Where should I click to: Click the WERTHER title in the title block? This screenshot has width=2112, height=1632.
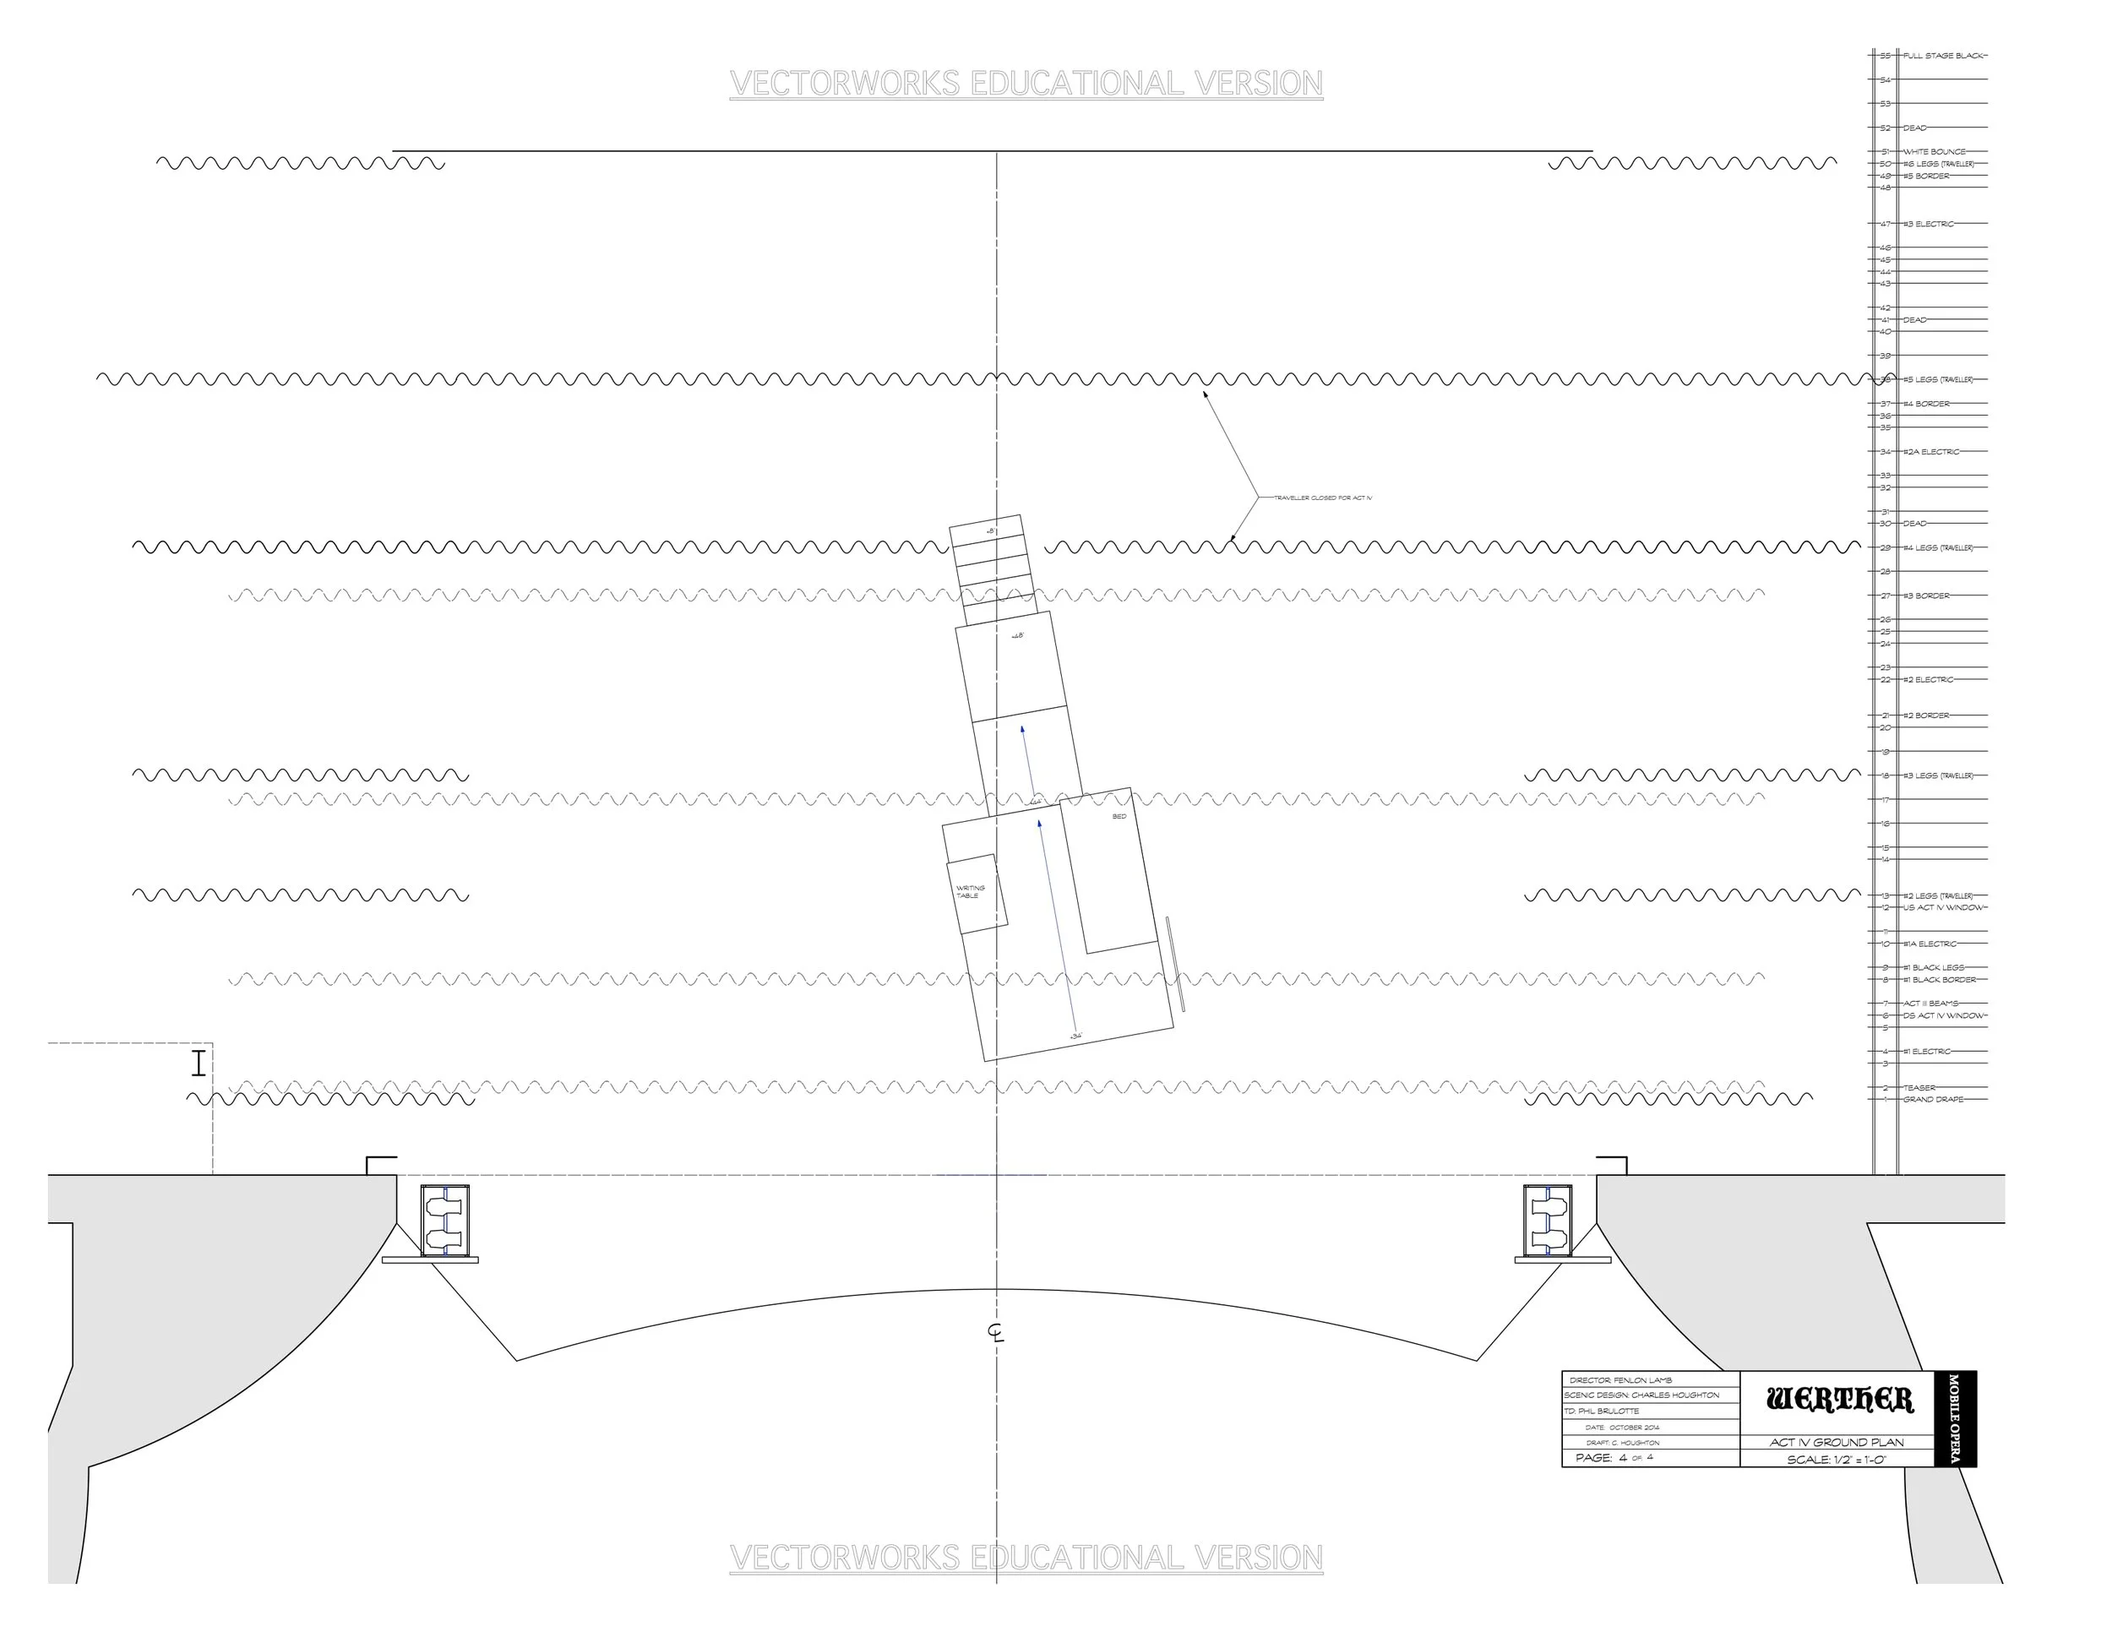pyautogui.click(x=1838, y=1400)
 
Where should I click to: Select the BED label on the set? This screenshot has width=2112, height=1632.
pyautogui.click(x=1119, y=817)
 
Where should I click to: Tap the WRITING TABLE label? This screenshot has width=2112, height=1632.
pyautogui.click(x=970, y=891)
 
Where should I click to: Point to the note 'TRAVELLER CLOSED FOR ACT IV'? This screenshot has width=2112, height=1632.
pyautogui.click(x=1322, y=498)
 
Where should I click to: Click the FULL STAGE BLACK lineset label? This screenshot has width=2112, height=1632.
pyautogui.click(x=1944, y=56)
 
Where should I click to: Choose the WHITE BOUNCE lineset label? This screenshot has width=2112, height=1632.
pyautogui.click(x=1934, y=152)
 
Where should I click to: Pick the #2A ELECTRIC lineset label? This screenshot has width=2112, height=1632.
pyautogui.click(x=1931, y=452)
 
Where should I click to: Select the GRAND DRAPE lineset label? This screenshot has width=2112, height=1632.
pyautogui.click(x=1933, y=1099)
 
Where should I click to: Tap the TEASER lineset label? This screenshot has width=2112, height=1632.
pyautogui.click(x=1919, y=1088)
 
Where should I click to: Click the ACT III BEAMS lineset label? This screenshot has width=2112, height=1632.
pyautogui.click(x=1930, y=1004)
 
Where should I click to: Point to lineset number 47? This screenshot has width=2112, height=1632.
pyautogui.click(x=1885, y=225)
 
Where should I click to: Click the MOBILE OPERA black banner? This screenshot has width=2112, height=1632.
pyautogui.click(x=1953, y=1418)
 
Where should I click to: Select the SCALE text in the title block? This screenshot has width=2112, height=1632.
pyautogui.click(x=1837, y=1460)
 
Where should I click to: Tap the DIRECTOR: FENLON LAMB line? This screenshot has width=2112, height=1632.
pyautogui.click(x=1620, y=1380)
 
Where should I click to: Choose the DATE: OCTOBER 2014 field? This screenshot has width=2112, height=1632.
pyautogui.click(x=1623, y=1427)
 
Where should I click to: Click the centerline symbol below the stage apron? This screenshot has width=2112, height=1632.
pyautogui.click(x=996, y=1332)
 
